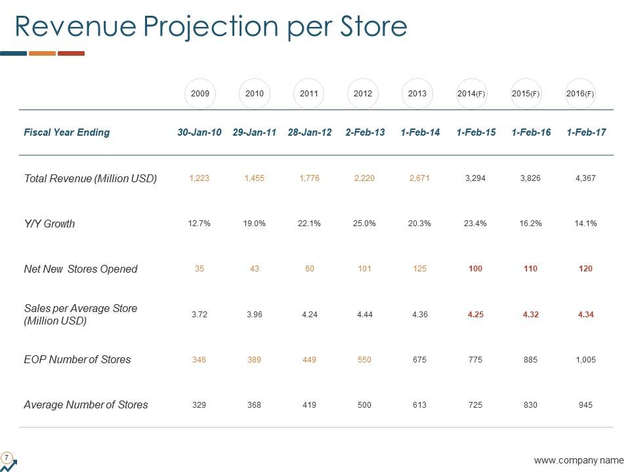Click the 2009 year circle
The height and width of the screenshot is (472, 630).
(200, 94)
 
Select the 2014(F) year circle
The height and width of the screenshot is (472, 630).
(471, 94)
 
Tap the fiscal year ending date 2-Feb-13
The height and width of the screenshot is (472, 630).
(365, 132)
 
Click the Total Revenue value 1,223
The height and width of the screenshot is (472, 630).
(199, 178)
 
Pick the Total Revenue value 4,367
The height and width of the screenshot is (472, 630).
(585, 178)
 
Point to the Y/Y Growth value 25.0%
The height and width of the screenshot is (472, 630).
(364, 224)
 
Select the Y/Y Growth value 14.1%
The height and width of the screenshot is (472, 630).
(585, 224)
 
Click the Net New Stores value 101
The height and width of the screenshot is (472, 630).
(364, 269)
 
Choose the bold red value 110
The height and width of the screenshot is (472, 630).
(530, 269)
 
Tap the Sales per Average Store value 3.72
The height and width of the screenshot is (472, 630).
(199, 314)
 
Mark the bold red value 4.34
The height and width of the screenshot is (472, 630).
(585, 314)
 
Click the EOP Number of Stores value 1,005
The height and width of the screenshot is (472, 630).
(585, 359)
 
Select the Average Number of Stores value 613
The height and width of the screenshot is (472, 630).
(419, 404)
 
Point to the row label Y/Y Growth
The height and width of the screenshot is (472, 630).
(49, 224)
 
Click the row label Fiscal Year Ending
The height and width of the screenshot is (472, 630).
(66, 132)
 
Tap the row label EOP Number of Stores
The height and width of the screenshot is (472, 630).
(77, 359)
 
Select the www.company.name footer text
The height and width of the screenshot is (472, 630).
(579, 461)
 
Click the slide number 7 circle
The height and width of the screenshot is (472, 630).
(7, 457)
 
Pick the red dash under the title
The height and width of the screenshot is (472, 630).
(71, 53)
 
